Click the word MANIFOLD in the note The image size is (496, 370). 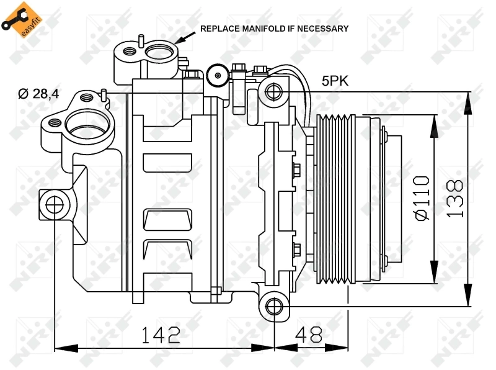pyautogui.click(x=253, y=28)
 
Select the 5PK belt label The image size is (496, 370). pyautogui.click(x=335, y=81)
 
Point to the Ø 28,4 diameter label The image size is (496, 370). pyautogui.click(x=38, y=94)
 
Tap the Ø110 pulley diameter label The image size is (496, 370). pyautogui.click(x=421, y=197)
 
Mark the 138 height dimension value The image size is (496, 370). pyautogui.click(x=456, y=198)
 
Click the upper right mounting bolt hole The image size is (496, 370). pyautogui.click(x=273, y=93)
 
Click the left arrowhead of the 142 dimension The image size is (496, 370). pyautogui.click(x=59, y=346)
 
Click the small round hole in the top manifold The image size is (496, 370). pyautogui.click(x=130, y=53)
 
